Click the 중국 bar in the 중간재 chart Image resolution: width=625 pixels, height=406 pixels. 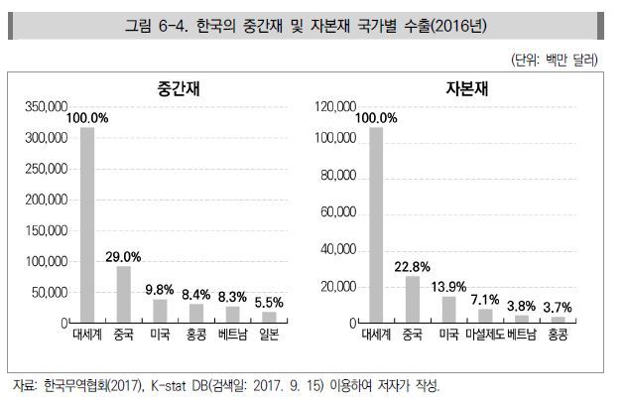[124, 295]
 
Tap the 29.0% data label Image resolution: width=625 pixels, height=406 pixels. [124, 256]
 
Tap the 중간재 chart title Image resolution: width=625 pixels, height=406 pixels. [166, 88]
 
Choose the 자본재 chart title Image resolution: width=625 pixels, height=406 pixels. [457, 88]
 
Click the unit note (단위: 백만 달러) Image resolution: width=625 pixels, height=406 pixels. [555, 61]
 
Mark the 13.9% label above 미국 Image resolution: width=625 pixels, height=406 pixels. [449, 286]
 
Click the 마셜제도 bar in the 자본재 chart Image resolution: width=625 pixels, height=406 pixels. [485, 316]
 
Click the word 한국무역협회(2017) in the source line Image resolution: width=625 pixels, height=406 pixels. [87, 385]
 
